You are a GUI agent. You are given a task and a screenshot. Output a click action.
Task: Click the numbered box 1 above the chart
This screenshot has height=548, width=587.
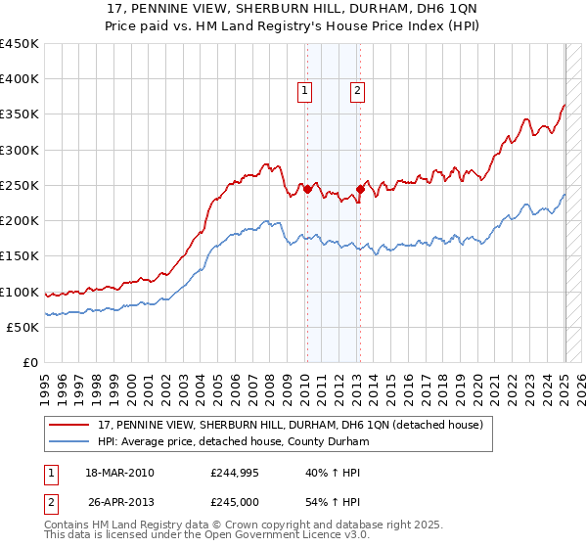point(305,91)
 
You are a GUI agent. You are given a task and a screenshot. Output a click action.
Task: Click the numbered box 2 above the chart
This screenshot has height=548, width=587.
point(357,91)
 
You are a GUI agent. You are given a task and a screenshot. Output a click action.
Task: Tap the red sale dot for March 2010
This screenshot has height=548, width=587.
point(307,189)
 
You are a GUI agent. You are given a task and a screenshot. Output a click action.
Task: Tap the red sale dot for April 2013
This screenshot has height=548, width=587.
point(360,189)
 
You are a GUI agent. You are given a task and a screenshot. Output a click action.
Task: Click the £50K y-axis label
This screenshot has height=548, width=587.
point(23,327)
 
